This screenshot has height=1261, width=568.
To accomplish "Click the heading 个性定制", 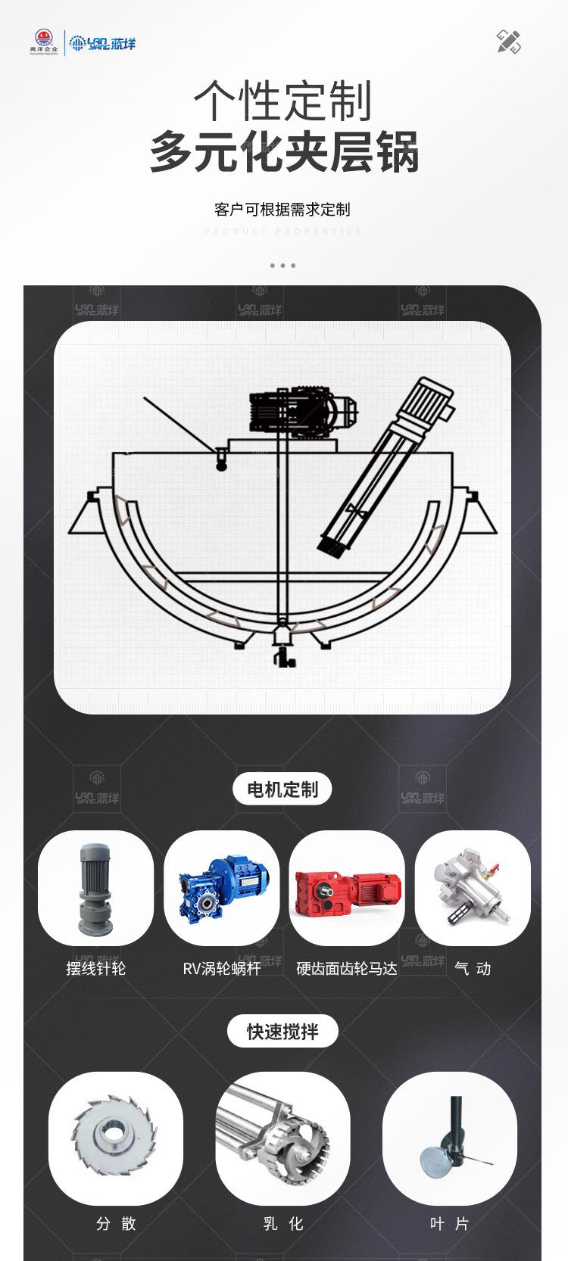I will pos(282,101).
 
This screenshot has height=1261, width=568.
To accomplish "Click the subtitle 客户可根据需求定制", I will pos(282,210).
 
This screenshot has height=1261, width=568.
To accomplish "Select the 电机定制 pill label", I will pos(282,789).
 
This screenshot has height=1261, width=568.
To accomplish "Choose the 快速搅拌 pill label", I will pos(282,1031).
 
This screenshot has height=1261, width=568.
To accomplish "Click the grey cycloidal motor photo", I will pos(95,888).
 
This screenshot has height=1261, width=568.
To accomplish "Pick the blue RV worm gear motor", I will pos(221,888).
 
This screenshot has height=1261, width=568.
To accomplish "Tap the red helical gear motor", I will pos(347,888).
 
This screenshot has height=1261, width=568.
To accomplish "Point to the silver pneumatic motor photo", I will pos(473,888).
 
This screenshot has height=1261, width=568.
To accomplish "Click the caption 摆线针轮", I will pos(96,968).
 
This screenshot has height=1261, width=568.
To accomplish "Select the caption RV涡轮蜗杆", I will pos(221,968).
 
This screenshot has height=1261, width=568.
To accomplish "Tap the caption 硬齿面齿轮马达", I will pos(347,968).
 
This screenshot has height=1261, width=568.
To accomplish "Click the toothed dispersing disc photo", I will pos(116,1138).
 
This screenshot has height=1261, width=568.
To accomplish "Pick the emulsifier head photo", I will pos(282,1138).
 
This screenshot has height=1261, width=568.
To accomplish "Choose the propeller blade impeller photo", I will pos(450,1138).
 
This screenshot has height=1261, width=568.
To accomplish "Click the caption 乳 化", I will pos(282,1224).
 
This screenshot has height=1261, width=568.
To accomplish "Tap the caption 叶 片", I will pos(450,1224).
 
